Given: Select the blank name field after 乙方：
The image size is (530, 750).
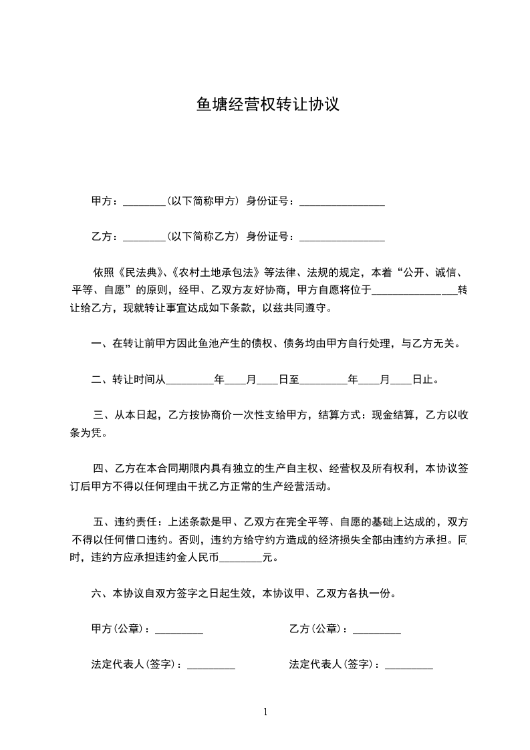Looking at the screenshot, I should pos(144,236).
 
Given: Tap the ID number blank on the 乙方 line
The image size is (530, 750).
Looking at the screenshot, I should pos(342,236).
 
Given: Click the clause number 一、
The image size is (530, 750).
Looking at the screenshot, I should pos(101,344).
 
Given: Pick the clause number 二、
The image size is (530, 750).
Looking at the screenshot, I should pos(101,380).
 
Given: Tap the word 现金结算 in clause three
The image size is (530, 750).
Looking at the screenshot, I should pos(392,415).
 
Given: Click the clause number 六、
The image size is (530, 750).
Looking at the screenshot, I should pos(101,593).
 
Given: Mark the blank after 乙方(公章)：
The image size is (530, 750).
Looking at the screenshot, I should pos(376,629).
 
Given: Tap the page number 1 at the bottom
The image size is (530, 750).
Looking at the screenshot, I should pos(265,712).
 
